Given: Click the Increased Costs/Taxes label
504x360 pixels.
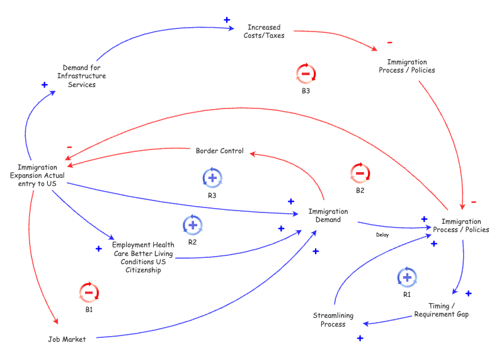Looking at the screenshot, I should (264, 32).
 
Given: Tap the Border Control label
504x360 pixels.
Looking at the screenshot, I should (219, 151).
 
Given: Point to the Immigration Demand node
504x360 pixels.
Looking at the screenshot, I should (328, 216).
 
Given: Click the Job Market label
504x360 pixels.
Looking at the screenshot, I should (66, 339).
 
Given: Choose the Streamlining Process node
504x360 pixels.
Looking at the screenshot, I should (333, 320).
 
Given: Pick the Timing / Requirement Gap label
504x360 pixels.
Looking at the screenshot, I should (441, 310).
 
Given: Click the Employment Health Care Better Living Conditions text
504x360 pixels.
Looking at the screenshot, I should (142, 257).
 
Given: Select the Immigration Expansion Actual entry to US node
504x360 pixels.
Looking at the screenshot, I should (37, 175).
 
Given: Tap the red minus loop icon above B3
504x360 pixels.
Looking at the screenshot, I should (306, 74).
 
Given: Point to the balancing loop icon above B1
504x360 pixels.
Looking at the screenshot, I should (89, 293).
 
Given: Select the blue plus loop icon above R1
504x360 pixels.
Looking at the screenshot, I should (406, 277).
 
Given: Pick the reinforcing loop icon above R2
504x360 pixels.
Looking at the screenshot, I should (192, 224).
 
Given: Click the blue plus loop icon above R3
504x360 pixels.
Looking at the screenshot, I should (212, 178).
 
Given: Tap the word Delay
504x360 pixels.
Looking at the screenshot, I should (382, 235).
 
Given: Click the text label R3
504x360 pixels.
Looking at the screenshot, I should (212, 195).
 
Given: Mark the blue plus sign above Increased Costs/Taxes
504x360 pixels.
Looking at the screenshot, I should (227, 20).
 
